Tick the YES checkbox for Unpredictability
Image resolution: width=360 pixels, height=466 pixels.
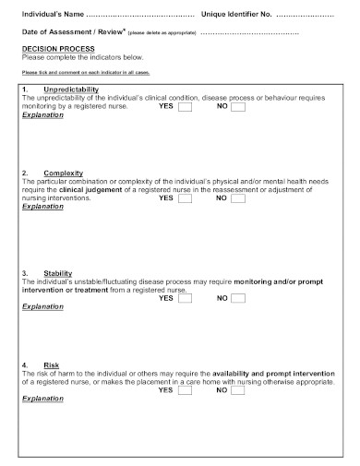pos(185,107)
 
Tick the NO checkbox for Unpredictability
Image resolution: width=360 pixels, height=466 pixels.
pos(238,107)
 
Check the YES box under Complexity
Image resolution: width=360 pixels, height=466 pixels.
pos(185,198)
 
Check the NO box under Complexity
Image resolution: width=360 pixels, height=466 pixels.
pos(238,198)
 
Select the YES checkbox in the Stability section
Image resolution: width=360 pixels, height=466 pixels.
pos(185,298)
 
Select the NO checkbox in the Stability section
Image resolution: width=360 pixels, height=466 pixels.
pos(238,298)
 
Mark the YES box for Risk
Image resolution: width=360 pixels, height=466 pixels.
pos(185,390)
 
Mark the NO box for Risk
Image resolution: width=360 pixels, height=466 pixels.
pos(238,390)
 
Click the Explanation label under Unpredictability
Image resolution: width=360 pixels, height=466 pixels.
pos(42,116)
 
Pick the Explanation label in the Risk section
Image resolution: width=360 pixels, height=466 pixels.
pos(42,399)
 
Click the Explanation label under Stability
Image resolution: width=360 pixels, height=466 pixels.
pos(42,306)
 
